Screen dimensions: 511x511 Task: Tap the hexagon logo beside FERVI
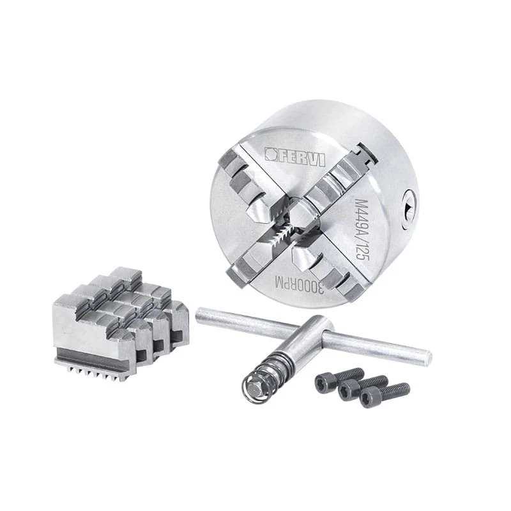tap(270, 154)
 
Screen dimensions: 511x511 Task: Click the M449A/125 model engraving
tap(362, 229)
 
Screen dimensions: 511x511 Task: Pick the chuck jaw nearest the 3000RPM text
tap(326, 267)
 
